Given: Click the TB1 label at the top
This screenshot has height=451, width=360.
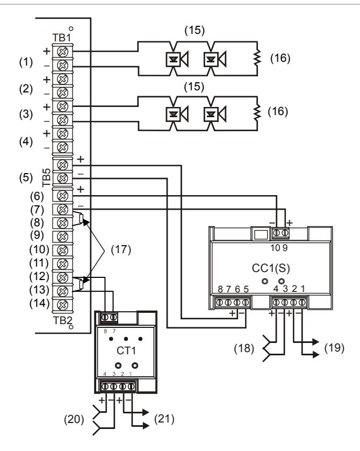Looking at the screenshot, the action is click(x=62, y=38).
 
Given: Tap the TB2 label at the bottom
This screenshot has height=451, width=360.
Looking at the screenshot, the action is click(x=62, y=320).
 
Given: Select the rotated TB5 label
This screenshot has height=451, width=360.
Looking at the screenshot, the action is click(x=46, y=178).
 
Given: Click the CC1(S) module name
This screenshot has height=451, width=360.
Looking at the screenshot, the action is click(x=271, y=268).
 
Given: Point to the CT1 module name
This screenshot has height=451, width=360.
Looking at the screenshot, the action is click(x=126, y=350).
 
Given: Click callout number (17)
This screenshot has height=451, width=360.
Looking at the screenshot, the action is click(x=121, y=249).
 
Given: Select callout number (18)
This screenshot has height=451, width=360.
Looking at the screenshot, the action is click(x=244, y=349).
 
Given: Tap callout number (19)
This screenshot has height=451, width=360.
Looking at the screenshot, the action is click(x=334, y=348).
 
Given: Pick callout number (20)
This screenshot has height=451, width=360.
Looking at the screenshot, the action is click(x=74, y=419).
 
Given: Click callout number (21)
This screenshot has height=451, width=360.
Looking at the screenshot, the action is click(x=164, y=419).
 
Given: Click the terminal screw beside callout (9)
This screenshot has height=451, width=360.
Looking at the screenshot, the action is click(x=62, y=237).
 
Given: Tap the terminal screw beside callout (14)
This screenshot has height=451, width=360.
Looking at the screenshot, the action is click(x=62, y=305).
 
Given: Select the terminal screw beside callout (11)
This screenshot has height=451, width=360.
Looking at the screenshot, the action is click(x=62, y=264).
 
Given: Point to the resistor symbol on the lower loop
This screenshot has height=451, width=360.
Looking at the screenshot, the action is click(x=257, y=112).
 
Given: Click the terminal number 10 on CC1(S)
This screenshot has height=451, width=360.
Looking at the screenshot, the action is click(x=275, y=248).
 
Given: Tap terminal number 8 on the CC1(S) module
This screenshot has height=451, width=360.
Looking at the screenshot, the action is click(x=220, y=289).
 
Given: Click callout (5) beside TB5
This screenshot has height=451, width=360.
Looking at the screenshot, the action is click(x=26, y=177).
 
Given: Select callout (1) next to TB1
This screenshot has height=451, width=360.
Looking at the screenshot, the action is click(x=26, y=62).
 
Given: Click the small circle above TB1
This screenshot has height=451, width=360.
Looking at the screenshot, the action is click(x=71, y=28).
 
